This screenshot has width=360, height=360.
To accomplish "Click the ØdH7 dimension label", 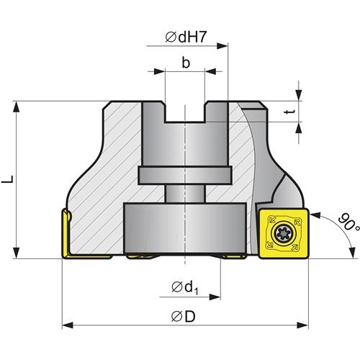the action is (186, 37).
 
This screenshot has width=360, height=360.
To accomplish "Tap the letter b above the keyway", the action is (186, 63).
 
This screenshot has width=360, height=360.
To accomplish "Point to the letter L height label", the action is (7, 179).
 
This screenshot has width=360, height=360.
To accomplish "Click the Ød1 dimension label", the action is (185, 287).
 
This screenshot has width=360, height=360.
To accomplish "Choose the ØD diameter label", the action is (184, 317).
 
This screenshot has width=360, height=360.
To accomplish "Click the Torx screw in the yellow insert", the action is (283, 233).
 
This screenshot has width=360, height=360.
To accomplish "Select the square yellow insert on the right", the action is (284, 233).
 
